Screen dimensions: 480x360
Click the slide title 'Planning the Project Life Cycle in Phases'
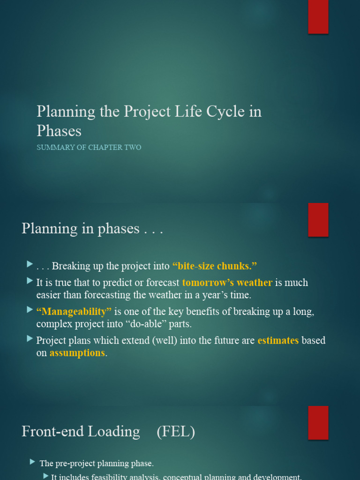coord(149,120)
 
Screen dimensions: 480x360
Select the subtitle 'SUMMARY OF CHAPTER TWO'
coord(89,148)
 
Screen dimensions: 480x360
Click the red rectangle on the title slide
coord(318,17)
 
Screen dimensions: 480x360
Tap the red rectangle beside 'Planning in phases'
coord(318,220)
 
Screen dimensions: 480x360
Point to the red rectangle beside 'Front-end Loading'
coord(318,422)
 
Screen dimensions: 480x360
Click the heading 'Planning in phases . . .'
coord(92,229)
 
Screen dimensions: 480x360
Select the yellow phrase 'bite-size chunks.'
coord(215,266)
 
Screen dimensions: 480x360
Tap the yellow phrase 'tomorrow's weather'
coord(227,283)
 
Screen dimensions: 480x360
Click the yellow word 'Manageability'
coord(74,312)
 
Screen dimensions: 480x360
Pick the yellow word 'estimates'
coord(278,340)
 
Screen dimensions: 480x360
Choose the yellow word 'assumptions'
coord(77,353)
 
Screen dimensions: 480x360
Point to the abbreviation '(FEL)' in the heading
coord(176,432)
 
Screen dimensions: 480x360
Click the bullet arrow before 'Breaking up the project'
coord(30,265)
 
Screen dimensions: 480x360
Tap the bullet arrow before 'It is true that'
coord(30,282)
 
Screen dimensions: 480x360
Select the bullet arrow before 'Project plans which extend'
coord(30,339)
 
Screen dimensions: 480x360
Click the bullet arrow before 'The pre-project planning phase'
coord(32,462)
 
